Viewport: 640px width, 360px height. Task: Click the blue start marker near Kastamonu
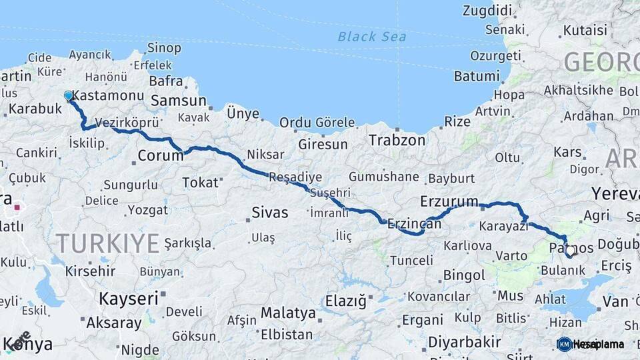(x=68, y=96)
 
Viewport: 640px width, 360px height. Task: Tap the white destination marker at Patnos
(x=570, y=251)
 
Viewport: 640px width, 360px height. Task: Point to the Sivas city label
(x=270, y=213)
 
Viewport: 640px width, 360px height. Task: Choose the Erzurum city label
(x=449, y=201)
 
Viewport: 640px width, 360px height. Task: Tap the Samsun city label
(x=179, y=101)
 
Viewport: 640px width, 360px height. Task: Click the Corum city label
(x=160, y=156)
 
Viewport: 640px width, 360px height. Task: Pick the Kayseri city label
(x=129, y=298)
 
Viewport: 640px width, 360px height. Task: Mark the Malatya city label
(x=288, y=313)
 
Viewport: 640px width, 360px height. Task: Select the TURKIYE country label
(x=107, y=243)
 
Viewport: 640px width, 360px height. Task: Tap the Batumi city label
(x=477, y=75)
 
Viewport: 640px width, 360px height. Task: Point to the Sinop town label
(x=163, y=47)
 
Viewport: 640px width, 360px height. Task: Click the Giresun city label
(x=323, y=144)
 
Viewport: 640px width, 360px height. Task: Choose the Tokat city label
(x=200, y=182)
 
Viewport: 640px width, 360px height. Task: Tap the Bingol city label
(x=464, y=275)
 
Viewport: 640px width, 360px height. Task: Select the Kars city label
(x=567, y=152)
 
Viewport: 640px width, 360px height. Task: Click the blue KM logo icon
(x=565, y=344)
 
